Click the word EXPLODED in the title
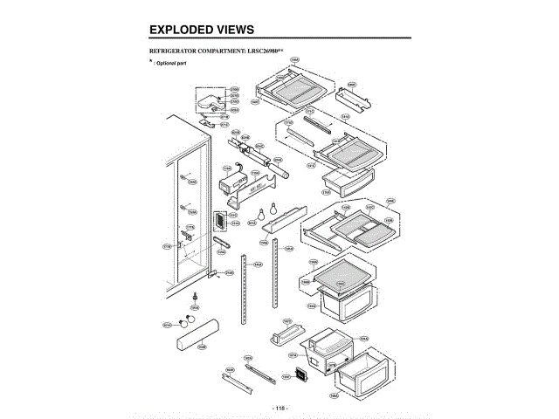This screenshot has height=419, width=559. [x=183, y=30]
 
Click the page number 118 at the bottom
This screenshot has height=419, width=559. [x=279, y=408]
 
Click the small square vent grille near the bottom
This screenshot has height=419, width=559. [x=301, y=375]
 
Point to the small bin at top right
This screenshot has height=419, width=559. [x=355, y=95]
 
